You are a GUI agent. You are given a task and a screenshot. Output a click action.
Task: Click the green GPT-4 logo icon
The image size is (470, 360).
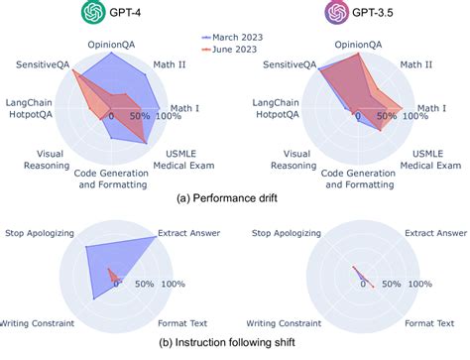coord(93,12)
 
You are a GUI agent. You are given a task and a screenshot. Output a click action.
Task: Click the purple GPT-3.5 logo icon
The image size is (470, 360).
coord(337,12)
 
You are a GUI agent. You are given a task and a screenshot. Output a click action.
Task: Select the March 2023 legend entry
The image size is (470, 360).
coord(232,38)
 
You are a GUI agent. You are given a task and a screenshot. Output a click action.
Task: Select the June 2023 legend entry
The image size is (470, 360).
coord(229,50)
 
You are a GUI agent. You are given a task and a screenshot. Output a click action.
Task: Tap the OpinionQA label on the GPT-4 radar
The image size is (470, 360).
coord(111,45)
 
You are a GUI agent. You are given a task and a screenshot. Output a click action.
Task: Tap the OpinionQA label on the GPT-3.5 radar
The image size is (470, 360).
coord(358,45)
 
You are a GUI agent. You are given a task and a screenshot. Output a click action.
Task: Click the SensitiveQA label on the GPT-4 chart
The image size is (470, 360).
coord(43,64)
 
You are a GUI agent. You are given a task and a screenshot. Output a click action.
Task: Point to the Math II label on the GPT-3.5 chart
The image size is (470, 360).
coord(416,64)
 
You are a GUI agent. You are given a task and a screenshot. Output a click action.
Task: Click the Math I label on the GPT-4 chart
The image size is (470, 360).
coord(184,108)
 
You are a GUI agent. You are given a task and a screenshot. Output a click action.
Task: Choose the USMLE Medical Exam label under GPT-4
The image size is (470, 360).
coord(183,160)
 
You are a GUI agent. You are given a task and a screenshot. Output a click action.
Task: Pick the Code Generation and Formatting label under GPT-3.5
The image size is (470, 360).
coord(359,179)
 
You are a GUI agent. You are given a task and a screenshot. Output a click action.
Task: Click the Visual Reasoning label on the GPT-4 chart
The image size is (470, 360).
coord(47,160)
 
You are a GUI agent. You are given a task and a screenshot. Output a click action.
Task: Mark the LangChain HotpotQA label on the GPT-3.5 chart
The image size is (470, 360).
coord(276,108)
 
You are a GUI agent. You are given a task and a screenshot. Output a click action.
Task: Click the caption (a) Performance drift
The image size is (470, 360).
coord(227,198)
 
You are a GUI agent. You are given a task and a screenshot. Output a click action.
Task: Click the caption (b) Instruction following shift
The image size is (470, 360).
coord(227,342)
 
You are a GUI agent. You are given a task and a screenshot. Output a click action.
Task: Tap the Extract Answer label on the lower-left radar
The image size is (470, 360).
coord(188,233)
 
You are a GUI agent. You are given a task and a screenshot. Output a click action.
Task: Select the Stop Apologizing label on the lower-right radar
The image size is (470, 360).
coord(287,233)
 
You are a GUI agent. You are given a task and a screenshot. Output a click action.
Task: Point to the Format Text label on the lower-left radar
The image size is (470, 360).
coord(182,323)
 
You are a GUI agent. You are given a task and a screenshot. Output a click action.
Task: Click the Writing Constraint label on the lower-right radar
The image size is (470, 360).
coord(284,323)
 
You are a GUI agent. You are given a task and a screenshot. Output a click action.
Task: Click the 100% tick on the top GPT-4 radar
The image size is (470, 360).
coord(169,116)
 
